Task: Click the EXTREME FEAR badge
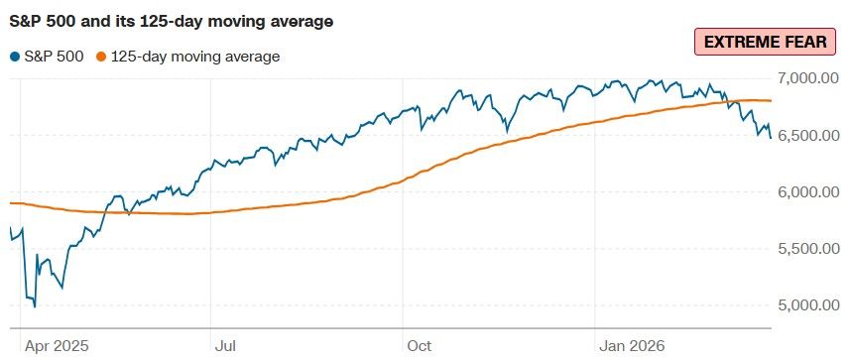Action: pos(765,43)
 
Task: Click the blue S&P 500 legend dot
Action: pos(15,57)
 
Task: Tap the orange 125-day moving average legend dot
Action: pos(100,57)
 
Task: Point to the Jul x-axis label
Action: pos(225,345)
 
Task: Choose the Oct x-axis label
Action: pos(420,345)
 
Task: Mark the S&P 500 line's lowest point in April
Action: pos(35,306)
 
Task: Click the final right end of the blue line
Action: pos(771,138)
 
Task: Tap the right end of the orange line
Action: pos(771,100)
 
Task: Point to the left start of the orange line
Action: pos(10,203)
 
